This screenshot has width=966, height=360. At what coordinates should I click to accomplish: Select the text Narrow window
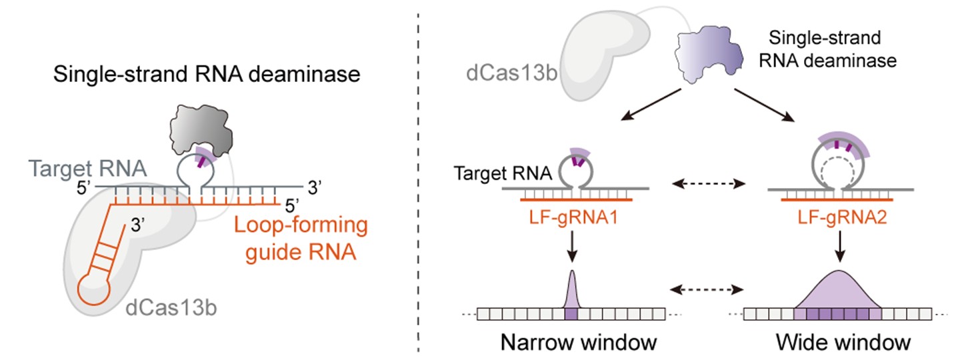coord(580,343)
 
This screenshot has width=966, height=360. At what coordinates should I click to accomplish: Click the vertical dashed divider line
coord(418,180)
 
